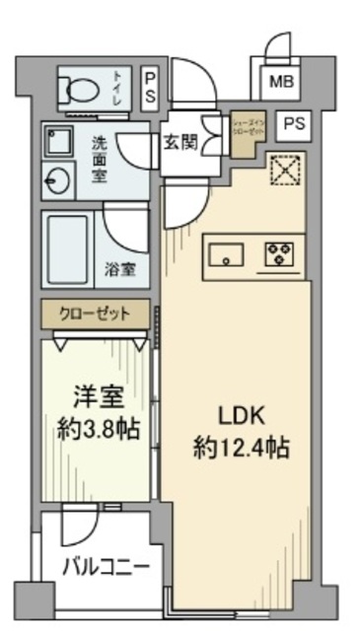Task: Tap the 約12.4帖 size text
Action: coord(239,448)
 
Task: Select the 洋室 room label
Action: coord(97,398)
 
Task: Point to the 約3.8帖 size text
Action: coord(97,430)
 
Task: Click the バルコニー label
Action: coord(107,567)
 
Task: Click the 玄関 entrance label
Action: coord(180,143)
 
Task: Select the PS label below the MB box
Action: coord(293,123)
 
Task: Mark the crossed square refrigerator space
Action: coord(285,170)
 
